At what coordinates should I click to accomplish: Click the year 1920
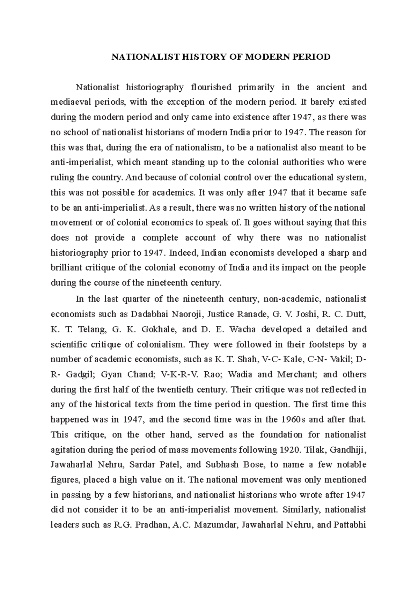point(289,450)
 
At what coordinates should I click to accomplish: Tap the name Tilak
point(314,450)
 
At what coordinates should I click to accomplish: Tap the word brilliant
point(67,268)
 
